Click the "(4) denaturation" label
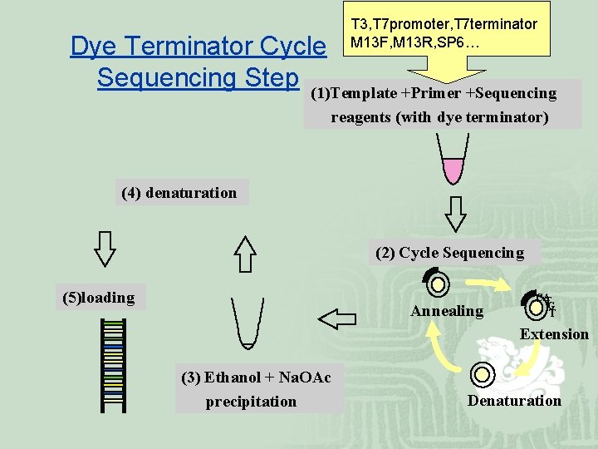(x=179, y=194)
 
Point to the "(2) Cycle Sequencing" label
(x=450, y=253)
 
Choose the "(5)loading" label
(x=99, y=298)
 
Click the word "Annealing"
(x=447, y=311)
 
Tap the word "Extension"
(x=554, y=334)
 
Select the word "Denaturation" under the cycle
(x=514, y=401)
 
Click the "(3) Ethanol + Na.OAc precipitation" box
(x=257, y=389)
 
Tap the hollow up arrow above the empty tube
(x=245, y=254)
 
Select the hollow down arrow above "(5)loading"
(x=105, y=247)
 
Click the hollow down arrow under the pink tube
(x=455, y=213)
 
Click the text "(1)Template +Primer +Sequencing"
(x=433, y=93)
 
